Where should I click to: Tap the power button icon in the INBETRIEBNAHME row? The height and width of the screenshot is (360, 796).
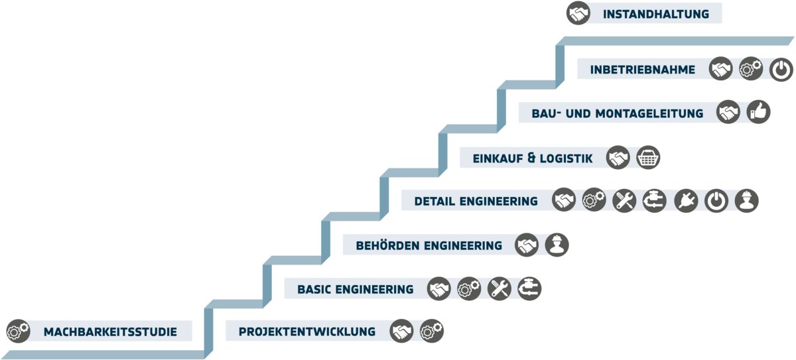coord(781,69)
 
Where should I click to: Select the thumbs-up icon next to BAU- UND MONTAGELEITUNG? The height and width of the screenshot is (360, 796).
coord(758,113)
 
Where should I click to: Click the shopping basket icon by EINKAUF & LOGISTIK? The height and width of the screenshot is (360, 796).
coord(648,158)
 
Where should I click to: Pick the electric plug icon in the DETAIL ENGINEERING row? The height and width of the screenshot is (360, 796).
coord(686,200)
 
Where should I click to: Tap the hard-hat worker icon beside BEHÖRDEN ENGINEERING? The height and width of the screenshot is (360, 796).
coord(557,245)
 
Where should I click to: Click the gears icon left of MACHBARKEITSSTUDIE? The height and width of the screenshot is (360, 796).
coord(18,331)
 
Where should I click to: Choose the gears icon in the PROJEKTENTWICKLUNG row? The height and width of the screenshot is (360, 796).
coord(432,331)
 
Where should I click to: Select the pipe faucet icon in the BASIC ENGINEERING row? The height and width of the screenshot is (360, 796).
coord(529,288)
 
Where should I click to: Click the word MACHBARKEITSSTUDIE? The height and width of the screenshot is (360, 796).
coord(110,331)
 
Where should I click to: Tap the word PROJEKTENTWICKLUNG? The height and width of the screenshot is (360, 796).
coord(307,331)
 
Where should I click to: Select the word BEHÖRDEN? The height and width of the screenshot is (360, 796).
coord(387,246)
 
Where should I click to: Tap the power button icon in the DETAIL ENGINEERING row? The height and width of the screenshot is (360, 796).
coord(716,200)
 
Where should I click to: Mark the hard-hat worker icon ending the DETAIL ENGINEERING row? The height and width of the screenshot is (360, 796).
coord(747,200)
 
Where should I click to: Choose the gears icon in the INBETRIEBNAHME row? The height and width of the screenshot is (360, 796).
coord(750,69)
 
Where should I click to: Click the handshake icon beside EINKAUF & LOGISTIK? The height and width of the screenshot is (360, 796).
coord(618,158)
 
